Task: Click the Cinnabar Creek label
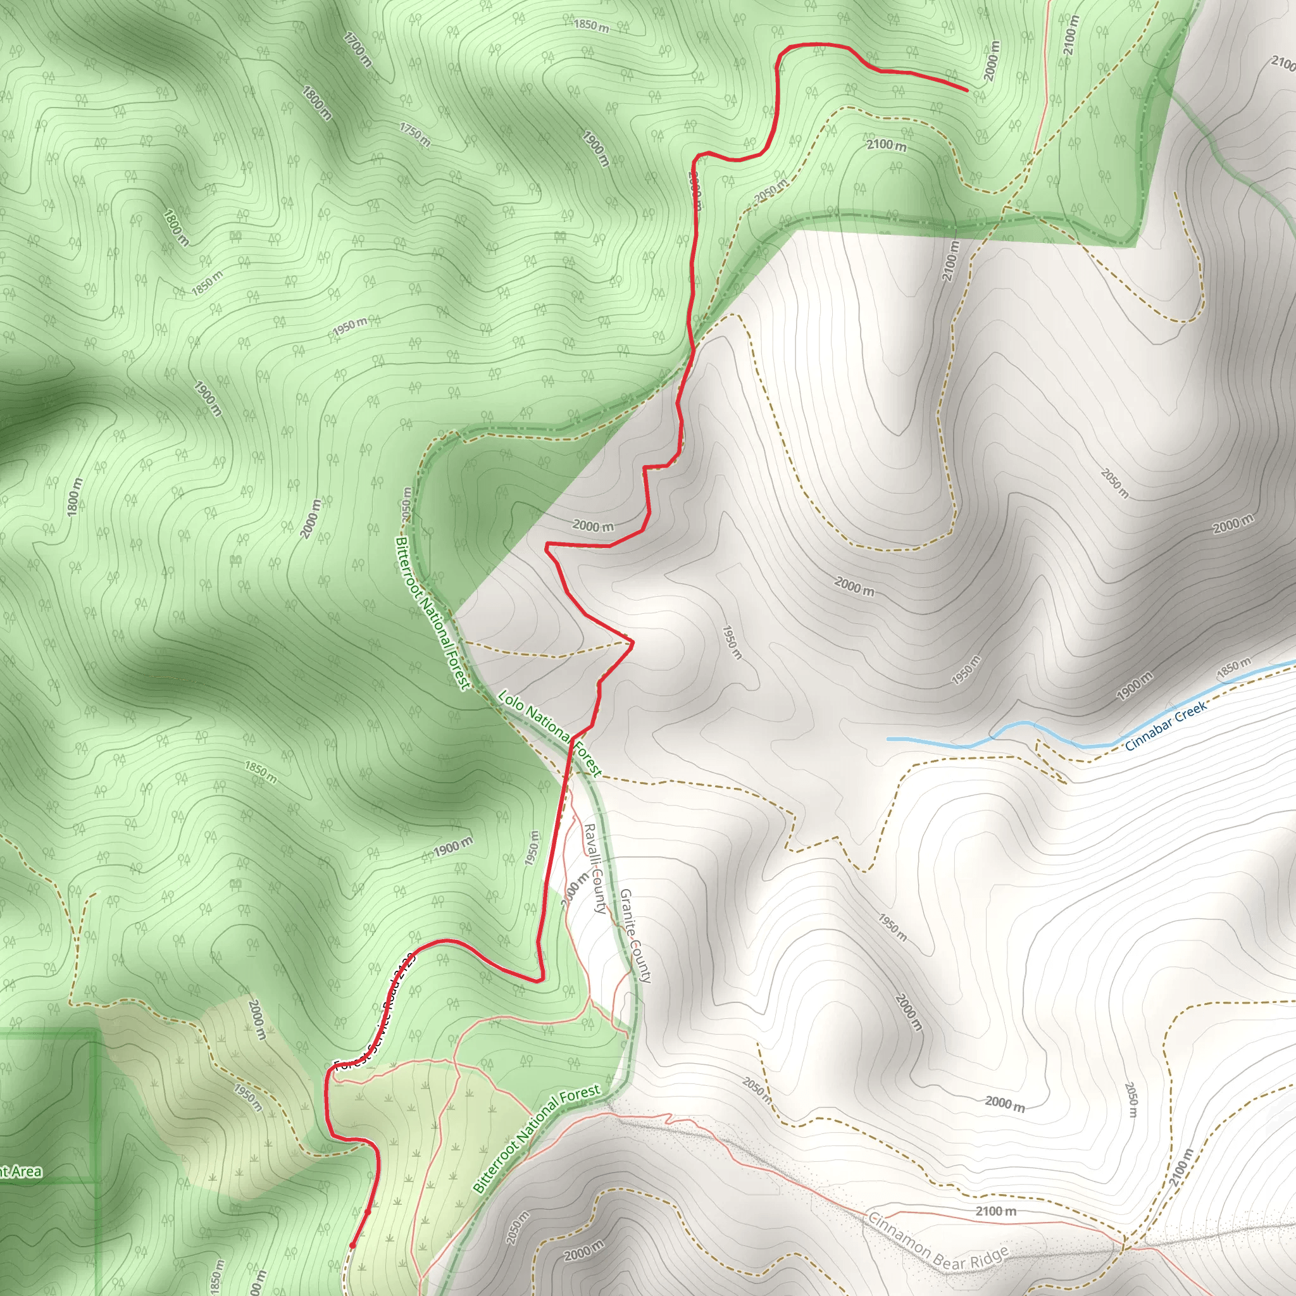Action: (1166, 725)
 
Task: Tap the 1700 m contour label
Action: (357, 48)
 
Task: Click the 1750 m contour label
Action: (414, 134)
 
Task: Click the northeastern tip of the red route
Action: (966, 89)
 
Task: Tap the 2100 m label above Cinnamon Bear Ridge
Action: (995, 1211)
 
